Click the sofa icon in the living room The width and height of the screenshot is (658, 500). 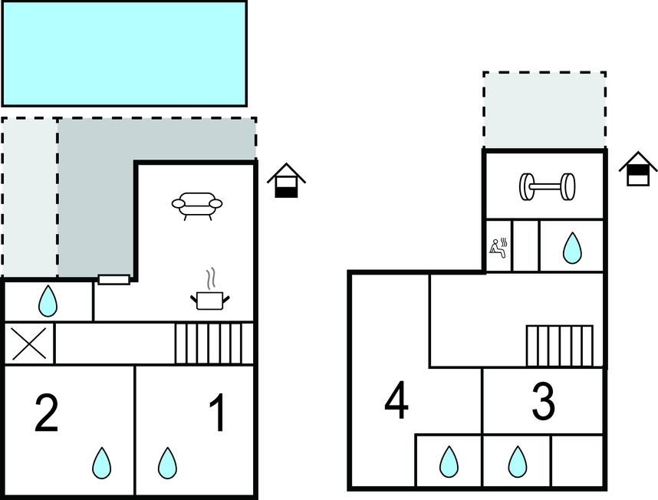pos(197,206)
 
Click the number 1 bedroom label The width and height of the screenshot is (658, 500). pos(218,413)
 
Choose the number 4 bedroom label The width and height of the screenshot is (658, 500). pos(396,400)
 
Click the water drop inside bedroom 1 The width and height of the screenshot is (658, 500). pos(167,463)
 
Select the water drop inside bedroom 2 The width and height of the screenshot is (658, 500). pos(102,463)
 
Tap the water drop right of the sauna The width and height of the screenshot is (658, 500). pos(571,248)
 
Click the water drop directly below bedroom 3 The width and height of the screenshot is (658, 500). pos(518,462)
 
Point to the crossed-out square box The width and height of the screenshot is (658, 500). pos(29,344)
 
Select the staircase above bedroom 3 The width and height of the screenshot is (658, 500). pos(559,347)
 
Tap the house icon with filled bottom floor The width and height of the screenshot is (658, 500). pos(286,182)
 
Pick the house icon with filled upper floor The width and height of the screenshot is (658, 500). pos(638,169)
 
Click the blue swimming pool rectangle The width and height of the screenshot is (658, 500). pos(124,53)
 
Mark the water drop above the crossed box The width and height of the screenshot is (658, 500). pos(48,301)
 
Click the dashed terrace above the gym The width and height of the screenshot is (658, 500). pos(544,110)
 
